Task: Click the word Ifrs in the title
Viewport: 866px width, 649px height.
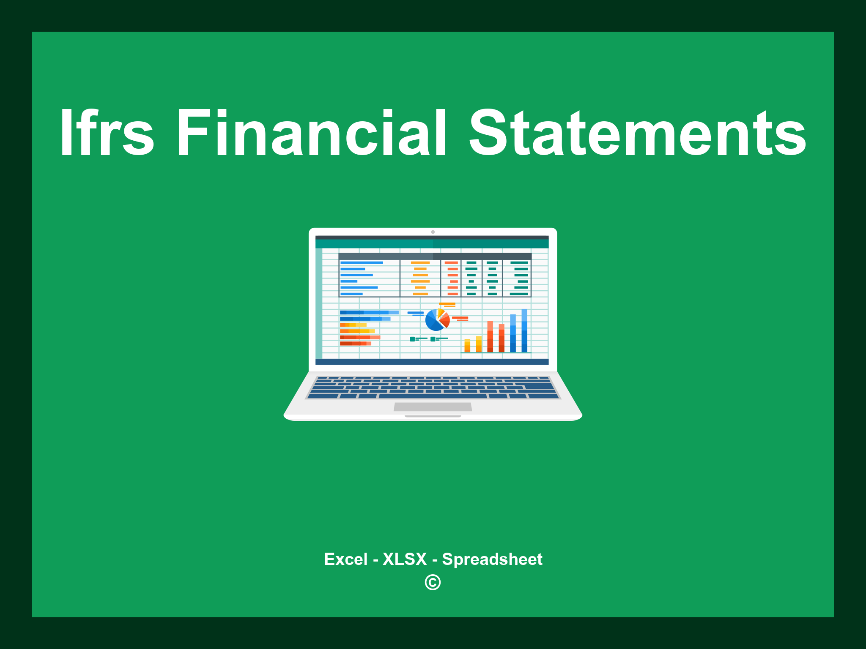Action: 107,132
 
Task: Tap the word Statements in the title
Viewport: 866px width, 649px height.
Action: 638,132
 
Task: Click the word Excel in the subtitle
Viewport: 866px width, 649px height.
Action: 346,559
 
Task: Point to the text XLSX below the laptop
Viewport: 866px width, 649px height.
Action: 405,559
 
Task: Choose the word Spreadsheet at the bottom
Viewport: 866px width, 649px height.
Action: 492,559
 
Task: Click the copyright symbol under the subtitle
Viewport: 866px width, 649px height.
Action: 433,582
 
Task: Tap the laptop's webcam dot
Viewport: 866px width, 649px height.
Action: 433,232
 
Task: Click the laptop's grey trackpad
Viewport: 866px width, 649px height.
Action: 433,406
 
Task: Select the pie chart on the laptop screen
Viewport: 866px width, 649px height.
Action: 437,320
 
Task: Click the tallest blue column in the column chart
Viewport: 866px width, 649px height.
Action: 524,330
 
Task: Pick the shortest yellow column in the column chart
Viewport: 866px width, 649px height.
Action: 467,345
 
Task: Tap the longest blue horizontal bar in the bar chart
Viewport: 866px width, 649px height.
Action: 369,312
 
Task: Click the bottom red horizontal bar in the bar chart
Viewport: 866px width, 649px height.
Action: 356,344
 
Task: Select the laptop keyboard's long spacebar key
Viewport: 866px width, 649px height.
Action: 433,396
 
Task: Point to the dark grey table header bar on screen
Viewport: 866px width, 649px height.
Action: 435,256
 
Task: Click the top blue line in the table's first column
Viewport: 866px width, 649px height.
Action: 362,263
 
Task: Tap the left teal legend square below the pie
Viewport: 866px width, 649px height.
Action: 412,339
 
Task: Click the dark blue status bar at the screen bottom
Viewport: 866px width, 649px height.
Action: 432,362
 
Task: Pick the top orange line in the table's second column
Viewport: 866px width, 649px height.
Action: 420,263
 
